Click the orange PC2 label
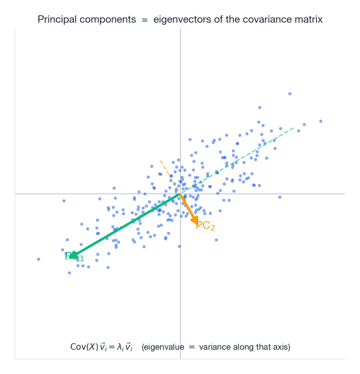pyautogui.click(x=205, y=226)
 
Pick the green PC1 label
pyautogui.click(x=75, y=257)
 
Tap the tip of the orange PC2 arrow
pyautogui.click(x=198, y=225)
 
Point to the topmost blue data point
pyautogui.click(x=290, y=94)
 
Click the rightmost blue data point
pyautogui.click(x=321, y=121)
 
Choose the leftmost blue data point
pyautogui.click(x=38, y=259)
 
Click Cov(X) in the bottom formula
pyautogui.click(x=84, y=347)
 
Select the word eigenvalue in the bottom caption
pyautogui.click(x=165, y=347)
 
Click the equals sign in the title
pyautogui.click(x=145, y=20)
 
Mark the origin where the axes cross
pyautogui.click(x=180, y=194)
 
